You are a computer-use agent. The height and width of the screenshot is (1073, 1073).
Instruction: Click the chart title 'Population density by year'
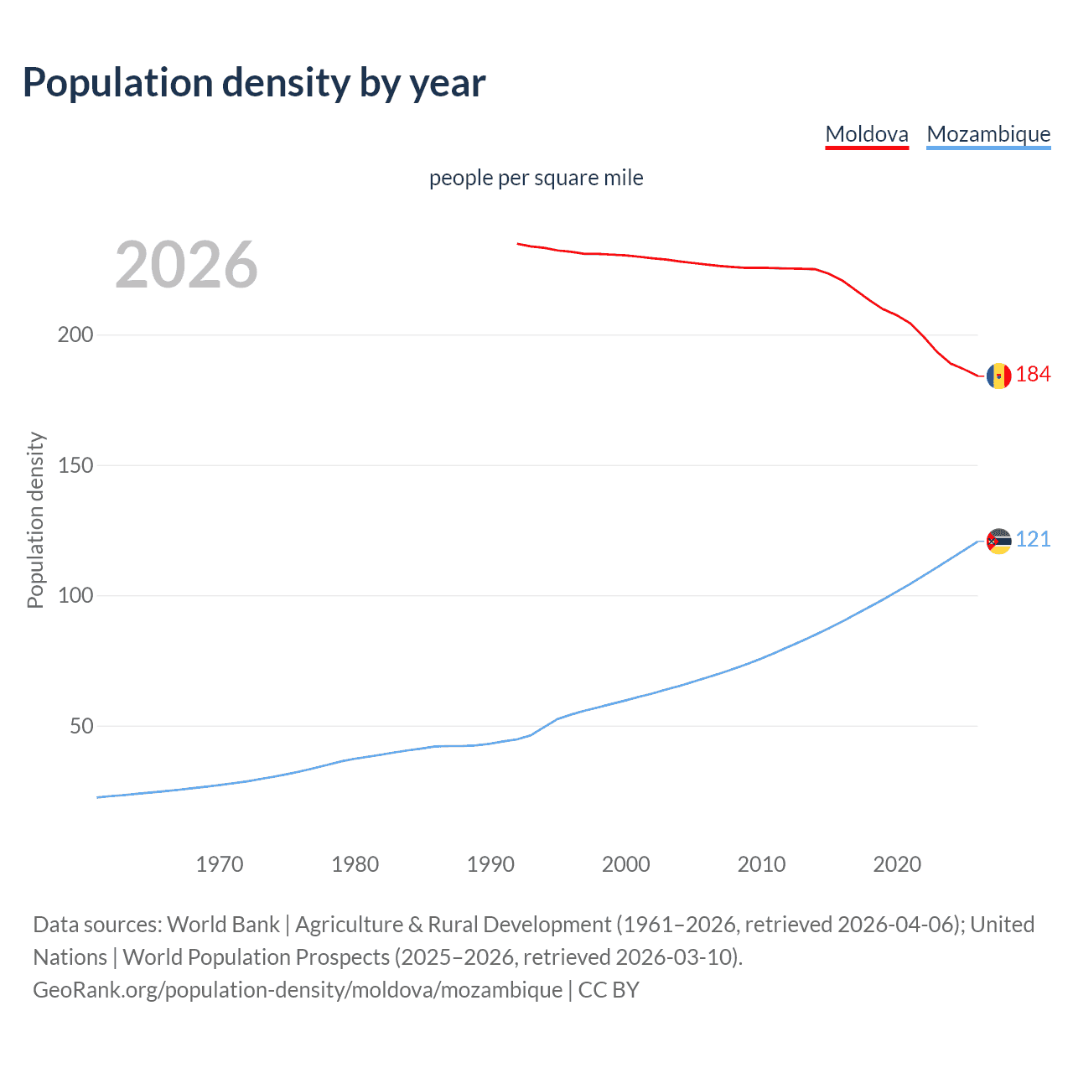coord(254,83)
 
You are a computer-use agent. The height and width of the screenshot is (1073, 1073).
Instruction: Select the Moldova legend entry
coord(867,134)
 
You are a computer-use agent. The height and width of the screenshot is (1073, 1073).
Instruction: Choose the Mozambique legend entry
coord(988,134)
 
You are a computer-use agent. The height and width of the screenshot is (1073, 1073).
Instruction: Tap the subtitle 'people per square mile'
coord(536,178)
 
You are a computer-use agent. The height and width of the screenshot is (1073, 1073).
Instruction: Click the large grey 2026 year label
coord(186,265)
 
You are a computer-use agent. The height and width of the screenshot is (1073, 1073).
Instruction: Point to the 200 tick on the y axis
coord(75,335)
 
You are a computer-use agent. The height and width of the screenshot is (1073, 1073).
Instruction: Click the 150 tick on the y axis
coord(75,465)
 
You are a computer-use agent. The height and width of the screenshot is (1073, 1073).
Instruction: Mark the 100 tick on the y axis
coord(75,596)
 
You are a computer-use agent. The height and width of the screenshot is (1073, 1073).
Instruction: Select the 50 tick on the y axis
coord(80,726)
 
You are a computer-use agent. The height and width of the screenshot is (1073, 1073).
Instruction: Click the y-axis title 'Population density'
coord(35,520)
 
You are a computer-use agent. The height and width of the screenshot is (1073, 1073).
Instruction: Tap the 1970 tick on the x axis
coord(220,864)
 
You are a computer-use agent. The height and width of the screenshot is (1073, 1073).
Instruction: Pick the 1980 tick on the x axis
coord(355,864)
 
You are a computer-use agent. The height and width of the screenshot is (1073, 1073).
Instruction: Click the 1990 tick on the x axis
coord(490,864)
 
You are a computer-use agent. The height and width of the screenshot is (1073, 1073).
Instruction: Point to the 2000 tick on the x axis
coord(625,864)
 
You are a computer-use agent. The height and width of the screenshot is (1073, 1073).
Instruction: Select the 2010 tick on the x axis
coord(761,864)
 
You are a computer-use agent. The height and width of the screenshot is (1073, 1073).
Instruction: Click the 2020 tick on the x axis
coord(897,864)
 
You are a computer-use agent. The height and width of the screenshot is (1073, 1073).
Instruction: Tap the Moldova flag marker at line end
coord(998,376)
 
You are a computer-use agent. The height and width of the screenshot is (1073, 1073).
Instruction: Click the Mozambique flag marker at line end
coord(998,542)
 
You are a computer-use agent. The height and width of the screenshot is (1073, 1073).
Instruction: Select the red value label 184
coord(1033,375)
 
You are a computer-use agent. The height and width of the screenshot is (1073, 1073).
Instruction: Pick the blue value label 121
coord(1033,540)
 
